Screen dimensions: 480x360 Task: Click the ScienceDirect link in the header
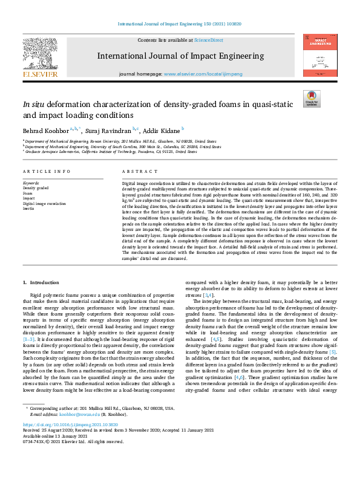[x=208, y=41]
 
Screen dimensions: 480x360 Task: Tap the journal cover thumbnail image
[x=320, y=55]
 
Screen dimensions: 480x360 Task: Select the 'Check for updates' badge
[x=312, y=99]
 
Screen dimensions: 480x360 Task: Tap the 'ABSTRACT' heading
[x=136, y=172]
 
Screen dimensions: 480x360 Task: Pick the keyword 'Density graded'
[x=36, y=187]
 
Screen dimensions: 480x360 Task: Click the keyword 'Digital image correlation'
[x=45, y=204]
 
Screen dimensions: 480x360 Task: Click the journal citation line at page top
[x=180, y=24]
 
